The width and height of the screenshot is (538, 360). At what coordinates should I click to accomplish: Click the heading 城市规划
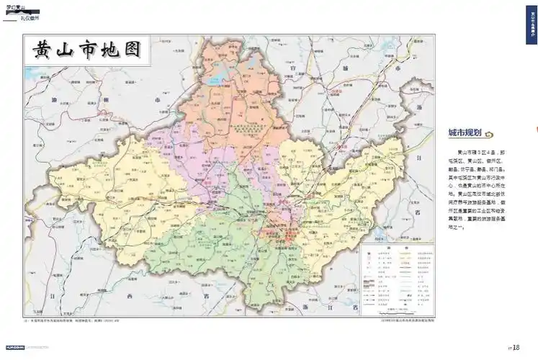pyautogui.click(x=464, y=133)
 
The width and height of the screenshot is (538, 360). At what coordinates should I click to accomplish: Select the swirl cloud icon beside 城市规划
pyautogui.click(x=488, y=134)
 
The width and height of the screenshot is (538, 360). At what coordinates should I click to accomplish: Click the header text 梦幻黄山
pyautogui.click(x=15, y=6)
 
